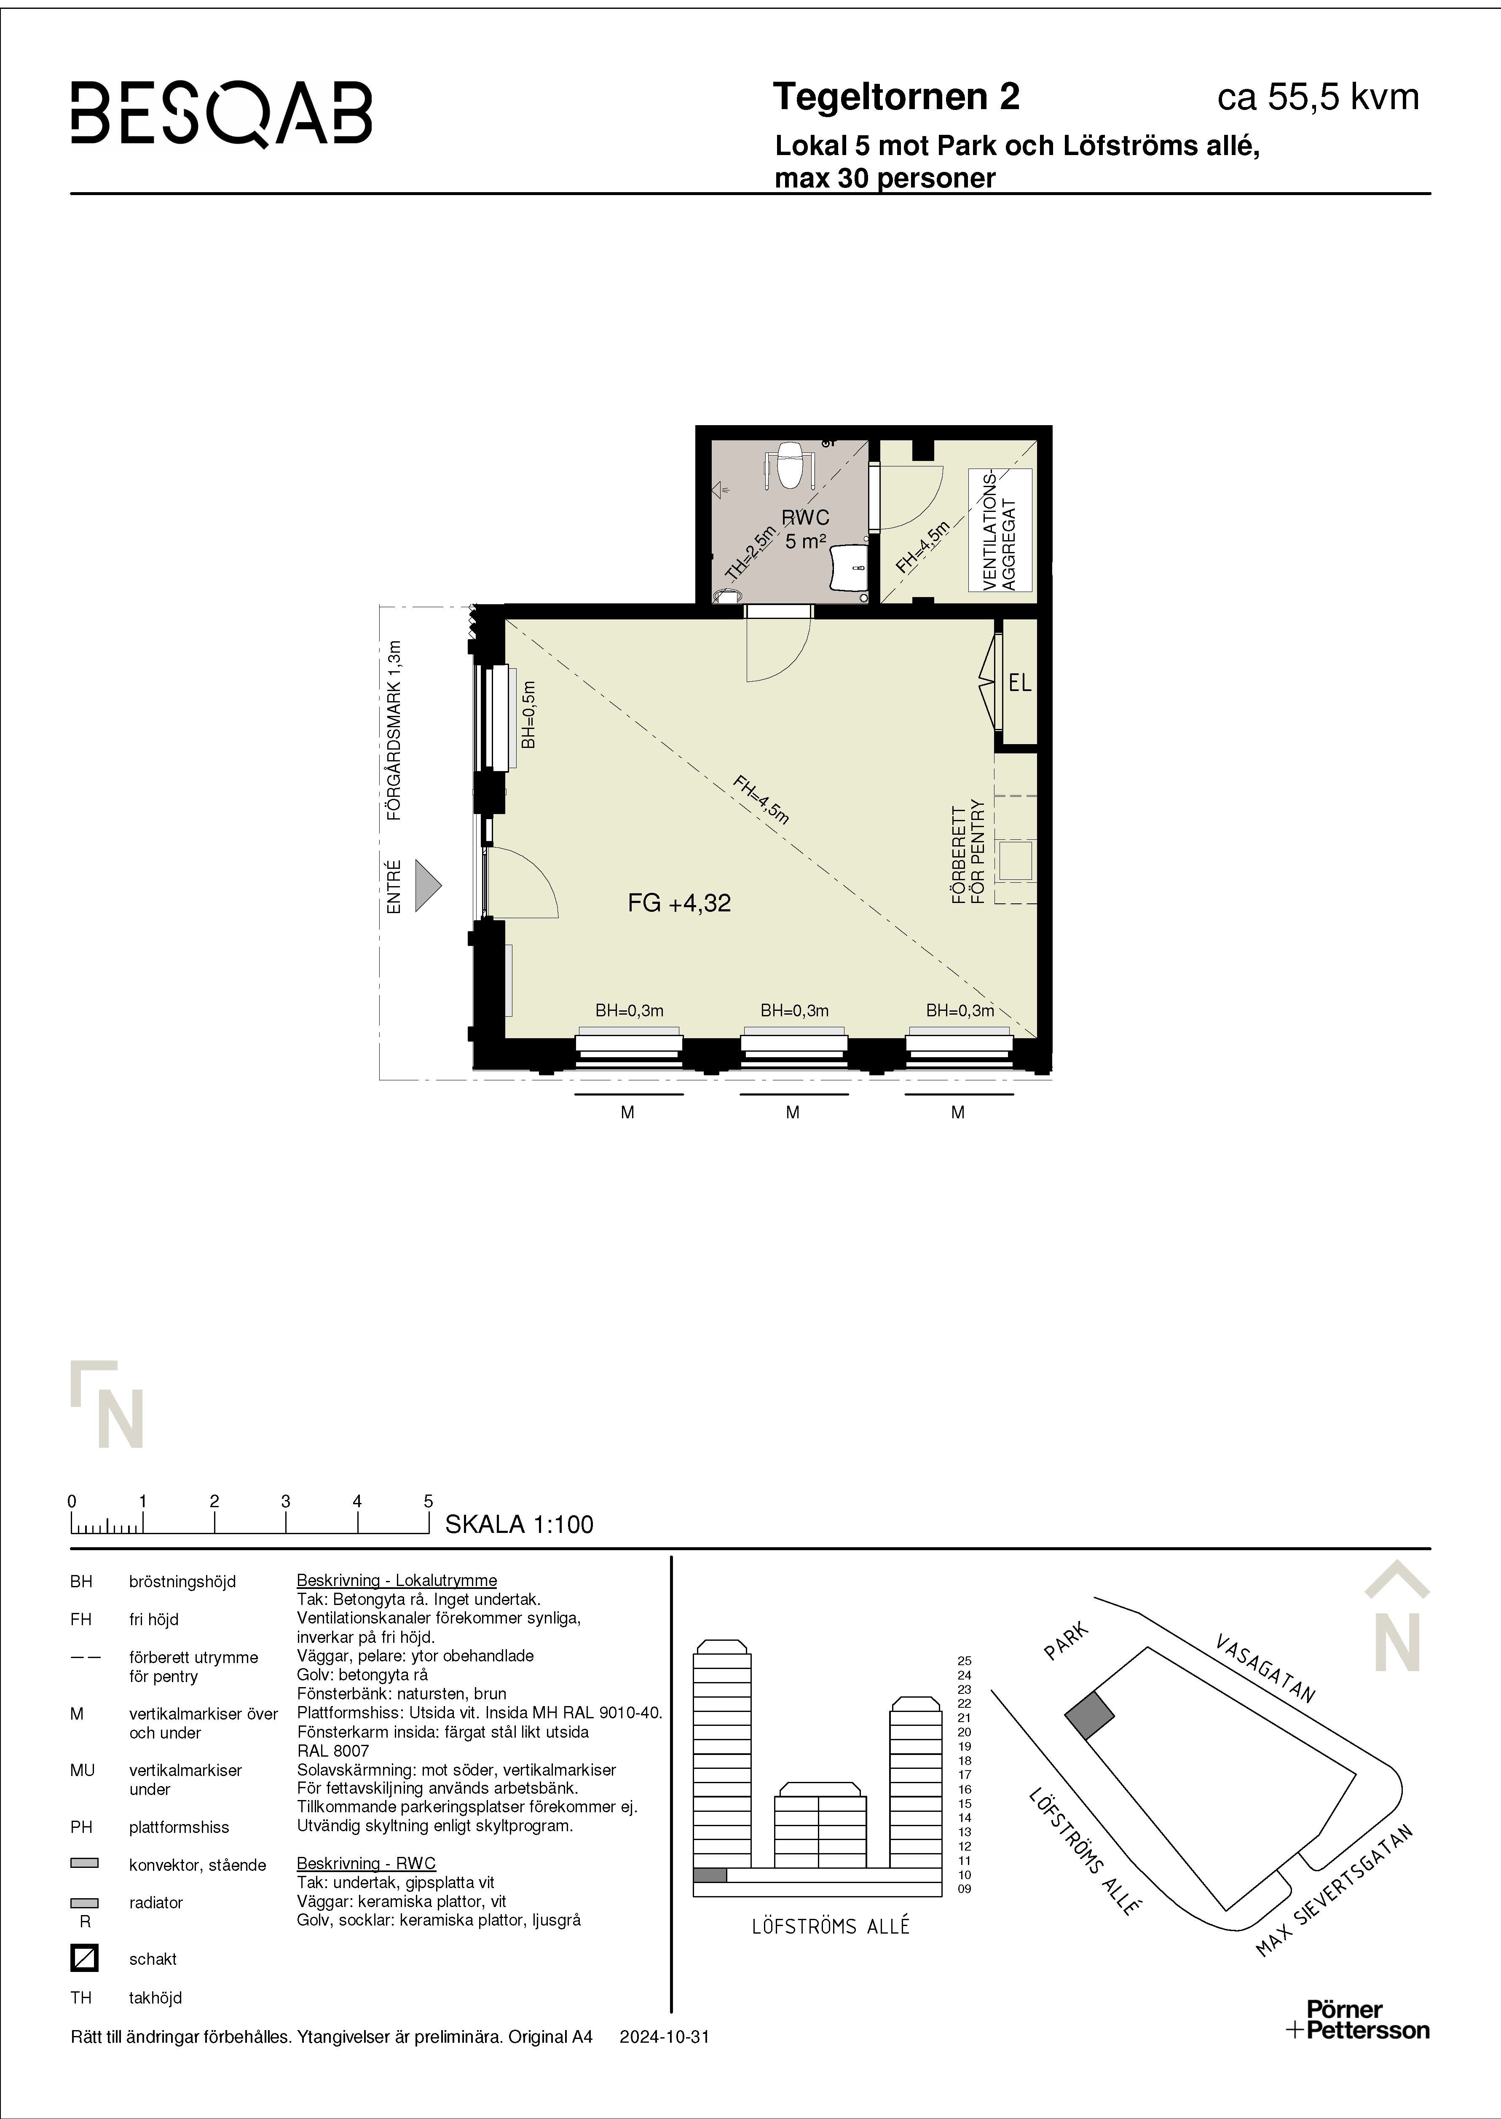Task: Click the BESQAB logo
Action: tap(222, 113)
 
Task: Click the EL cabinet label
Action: tap(1019, 683)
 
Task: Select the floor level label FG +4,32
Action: tap(679, 903)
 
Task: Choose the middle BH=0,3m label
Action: tap(795, 1011)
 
